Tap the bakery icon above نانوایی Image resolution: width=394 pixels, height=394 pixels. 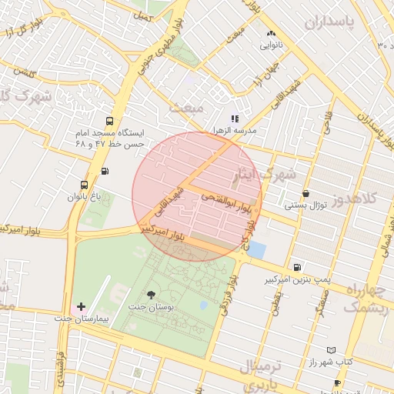coord(270,34)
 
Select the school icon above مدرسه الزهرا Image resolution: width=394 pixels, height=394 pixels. coord(235,119)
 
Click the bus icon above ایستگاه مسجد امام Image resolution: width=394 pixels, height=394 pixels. coord(109,121)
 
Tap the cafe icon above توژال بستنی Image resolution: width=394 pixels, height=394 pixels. coord(306,194)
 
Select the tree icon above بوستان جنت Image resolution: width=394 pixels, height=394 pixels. coord(150,295)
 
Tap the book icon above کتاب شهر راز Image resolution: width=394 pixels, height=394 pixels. coord(332,350)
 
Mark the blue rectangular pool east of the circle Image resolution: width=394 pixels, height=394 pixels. coord(256,250)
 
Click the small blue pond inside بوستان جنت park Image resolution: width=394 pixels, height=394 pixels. coord(203,305)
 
